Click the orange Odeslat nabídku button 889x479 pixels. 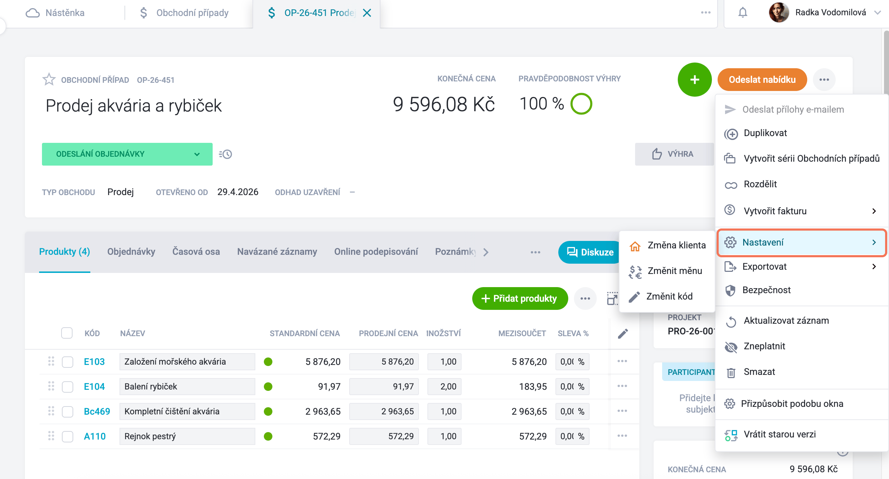(x=762, y=80)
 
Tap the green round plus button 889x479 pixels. (x=694, y=80)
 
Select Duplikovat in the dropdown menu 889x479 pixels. (x=765, y=133)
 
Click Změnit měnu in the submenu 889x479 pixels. (x=675, y=271)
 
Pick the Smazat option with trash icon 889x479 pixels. (x=759, y=372)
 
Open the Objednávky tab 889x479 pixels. (x=131, y=252)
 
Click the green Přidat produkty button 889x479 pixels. (x=520, y=298)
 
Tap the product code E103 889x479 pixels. (x=94, y=362)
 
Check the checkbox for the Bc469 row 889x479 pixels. (x=68, y=411)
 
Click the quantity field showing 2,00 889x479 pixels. (x=445, y=387)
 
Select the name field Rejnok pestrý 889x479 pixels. (x=187, y=436)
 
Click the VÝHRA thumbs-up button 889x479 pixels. (x=674, y=154)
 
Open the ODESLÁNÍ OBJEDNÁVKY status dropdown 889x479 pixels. (x=127, y=154)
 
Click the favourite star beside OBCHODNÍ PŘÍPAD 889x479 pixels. (x=49, y=79)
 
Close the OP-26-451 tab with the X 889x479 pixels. (x=367, y=13)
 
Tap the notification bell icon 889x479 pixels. (x=743, y=13)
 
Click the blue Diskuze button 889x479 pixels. (x=590, y=252)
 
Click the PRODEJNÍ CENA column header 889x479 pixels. (x=388, y=333)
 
